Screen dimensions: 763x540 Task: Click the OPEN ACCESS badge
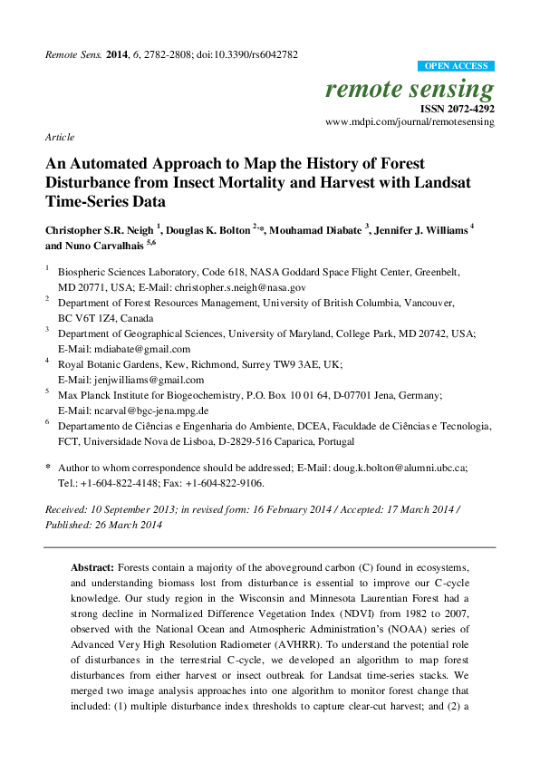coord(457,66)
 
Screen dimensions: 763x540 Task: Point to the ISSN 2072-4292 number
coord(458,108)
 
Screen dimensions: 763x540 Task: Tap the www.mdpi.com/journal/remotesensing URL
coord(410,121)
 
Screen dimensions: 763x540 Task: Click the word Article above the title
coord(59,137)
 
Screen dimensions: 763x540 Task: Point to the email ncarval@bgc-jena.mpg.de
coord(159,410)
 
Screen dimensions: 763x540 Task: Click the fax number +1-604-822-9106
coord(228,483)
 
